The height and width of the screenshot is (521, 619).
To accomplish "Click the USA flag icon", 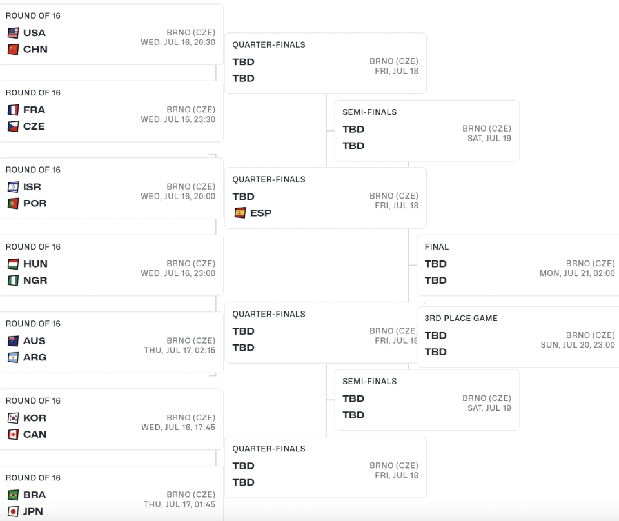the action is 13,33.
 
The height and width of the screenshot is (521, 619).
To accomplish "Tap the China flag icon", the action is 13,50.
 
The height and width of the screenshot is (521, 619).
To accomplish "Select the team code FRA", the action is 34,110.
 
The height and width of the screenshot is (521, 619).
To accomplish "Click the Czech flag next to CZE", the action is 13,126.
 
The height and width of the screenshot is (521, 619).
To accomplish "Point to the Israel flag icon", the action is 13,187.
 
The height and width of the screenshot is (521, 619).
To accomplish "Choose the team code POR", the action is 35,203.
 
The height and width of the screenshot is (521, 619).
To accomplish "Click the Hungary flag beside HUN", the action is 13,264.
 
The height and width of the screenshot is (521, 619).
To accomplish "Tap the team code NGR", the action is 35,280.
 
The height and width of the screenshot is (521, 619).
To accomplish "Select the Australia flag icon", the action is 13,340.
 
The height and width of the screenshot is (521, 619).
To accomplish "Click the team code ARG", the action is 35,357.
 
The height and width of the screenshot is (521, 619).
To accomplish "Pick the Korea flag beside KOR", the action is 13,418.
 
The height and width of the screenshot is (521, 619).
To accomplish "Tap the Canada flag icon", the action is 13,434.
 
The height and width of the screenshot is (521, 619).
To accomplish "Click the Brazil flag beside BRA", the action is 13,495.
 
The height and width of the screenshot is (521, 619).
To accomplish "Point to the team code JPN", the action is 33,511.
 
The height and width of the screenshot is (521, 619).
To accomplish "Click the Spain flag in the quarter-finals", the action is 240,213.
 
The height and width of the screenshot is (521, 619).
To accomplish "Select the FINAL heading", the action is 437,247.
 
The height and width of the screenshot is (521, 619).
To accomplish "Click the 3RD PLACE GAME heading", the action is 460,318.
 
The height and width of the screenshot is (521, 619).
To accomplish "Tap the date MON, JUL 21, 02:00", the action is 577,273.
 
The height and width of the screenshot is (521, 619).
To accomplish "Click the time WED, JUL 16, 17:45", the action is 179,427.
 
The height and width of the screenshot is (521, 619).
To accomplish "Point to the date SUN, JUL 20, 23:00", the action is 578,344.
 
